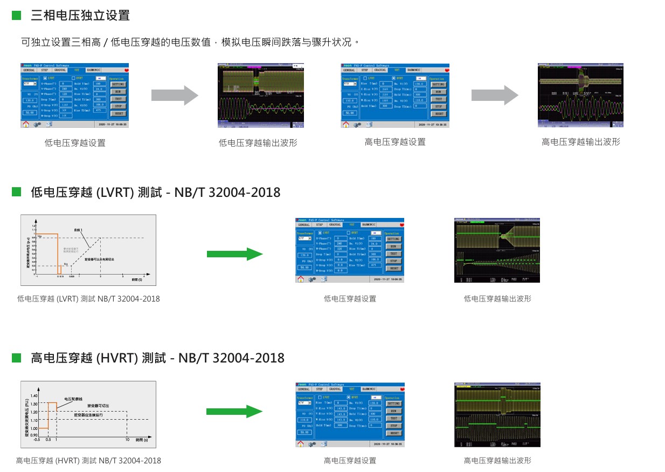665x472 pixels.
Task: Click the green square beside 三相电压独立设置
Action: pos(16,15)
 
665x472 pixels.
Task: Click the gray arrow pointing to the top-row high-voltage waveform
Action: pos(494,95)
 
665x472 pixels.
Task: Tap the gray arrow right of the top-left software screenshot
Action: pos(174,95)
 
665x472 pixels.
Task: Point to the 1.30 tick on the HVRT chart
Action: pos(34,403)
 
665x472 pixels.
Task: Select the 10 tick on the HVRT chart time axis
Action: pos(127,440)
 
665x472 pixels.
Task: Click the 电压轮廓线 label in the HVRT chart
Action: pos(73,399)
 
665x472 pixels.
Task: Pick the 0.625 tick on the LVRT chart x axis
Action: pos(72,276)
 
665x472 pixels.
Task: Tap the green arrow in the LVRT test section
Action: pos(234,254)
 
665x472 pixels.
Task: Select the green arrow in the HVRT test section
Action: pos(234,412)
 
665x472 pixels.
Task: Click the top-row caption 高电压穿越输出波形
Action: pos(580,142)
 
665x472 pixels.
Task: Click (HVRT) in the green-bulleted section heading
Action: pos(116,358)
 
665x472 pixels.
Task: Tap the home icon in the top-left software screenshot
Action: pos(25,124)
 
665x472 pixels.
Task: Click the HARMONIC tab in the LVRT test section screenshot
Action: pos(369,224)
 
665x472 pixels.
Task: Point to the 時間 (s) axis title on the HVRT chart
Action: pos(141,440)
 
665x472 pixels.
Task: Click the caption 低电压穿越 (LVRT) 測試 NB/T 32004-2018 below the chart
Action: pos(88,298)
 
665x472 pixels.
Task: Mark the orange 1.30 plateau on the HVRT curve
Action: pos(52,402)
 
